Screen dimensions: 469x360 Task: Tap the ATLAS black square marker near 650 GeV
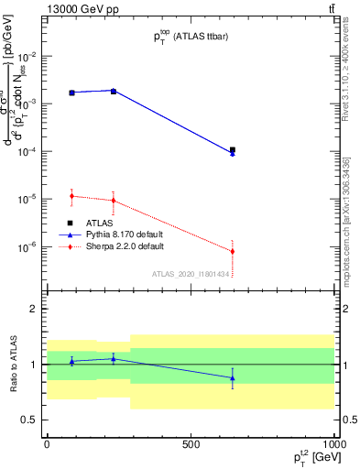coord(233,149)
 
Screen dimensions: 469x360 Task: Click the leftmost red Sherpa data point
coord(71,195)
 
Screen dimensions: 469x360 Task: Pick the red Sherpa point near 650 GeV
coord(233,251)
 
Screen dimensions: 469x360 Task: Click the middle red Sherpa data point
coord(114,200)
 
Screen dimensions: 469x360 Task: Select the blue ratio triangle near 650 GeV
coord(233,377)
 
